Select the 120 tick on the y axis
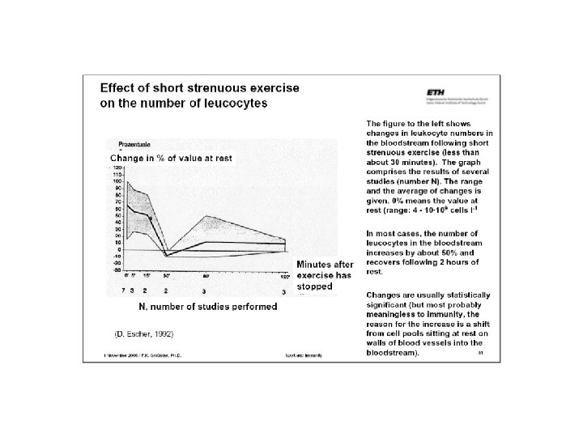(x=117, y=168)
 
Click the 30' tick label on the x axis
(x=166, y=276)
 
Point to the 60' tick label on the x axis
(x=206, y=276)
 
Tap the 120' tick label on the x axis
(x=284, y=276)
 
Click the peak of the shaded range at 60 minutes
(x=206, y=216)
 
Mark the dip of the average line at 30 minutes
(x=166, y=255)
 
